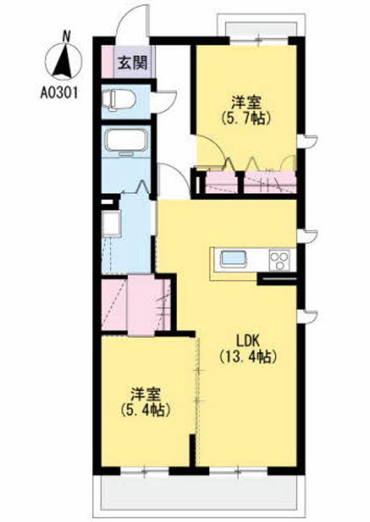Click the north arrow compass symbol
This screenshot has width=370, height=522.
point(62,60)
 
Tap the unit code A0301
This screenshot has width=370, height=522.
point(59,93)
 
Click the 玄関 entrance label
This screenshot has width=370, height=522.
point(133,62)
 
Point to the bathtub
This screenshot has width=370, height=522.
point(126,140)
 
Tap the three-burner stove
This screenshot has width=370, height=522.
point(279,260)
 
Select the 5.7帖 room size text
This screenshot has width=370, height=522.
point(245,118)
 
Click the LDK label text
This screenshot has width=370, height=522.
point(248,341)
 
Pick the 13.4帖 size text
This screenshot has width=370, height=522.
point(248,357)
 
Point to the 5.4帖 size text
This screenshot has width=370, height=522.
point(146,410)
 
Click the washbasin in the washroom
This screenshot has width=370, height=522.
point(111,223)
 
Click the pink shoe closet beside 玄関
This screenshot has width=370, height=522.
point(107,62)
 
